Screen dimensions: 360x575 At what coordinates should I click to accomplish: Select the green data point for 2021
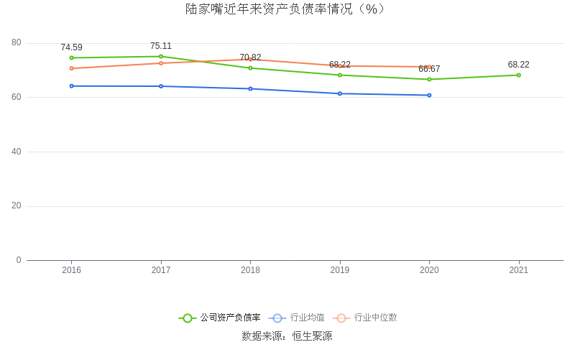pos(518,75)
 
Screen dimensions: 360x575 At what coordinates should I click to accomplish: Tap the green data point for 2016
pos(72,57)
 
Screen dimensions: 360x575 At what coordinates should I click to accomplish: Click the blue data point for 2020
pos(429,95)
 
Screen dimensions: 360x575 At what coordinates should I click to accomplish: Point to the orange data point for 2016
pos(72,68)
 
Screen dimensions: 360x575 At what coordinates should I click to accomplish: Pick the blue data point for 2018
pos(250,88)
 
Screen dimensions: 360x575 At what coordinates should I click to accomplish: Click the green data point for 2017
pos(161,56)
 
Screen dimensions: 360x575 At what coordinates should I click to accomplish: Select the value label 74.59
pos(71,47)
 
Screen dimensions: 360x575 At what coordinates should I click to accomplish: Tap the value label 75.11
pos(161,46)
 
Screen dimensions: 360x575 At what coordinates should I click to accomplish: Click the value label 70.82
pos(250,57)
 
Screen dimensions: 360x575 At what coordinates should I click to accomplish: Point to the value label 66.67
pos(429,69)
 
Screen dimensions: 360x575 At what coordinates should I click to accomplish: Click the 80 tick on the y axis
pos(17,43)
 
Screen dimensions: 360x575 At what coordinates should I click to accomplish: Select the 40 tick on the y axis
pos(17,152)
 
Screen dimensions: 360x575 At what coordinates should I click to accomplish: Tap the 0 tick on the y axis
pos(19,260)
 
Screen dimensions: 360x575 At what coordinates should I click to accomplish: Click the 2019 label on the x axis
pos(340,270)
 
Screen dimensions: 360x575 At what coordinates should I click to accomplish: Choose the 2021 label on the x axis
pos(518,270)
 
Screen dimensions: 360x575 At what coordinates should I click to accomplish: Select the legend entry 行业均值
pos(307,318)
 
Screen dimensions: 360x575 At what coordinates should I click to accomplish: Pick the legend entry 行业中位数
pos(375,318)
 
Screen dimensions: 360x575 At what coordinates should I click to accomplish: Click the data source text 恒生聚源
pos(312,336)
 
